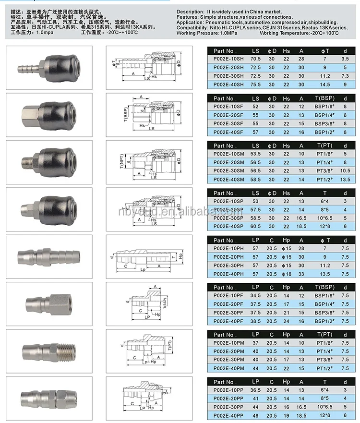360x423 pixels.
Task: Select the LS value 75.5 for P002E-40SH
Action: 255,85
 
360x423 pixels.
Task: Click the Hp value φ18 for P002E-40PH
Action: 287,274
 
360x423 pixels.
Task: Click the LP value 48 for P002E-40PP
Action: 255,415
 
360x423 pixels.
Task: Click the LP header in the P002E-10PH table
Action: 255,240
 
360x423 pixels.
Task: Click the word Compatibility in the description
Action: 192,28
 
